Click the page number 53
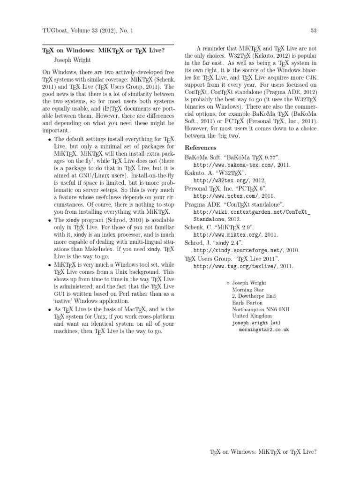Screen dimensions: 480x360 314,31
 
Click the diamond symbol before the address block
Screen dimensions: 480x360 228,283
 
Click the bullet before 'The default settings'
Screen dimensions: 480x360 50,140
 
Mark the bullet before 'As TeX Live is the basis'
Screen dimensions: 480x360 50,309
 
